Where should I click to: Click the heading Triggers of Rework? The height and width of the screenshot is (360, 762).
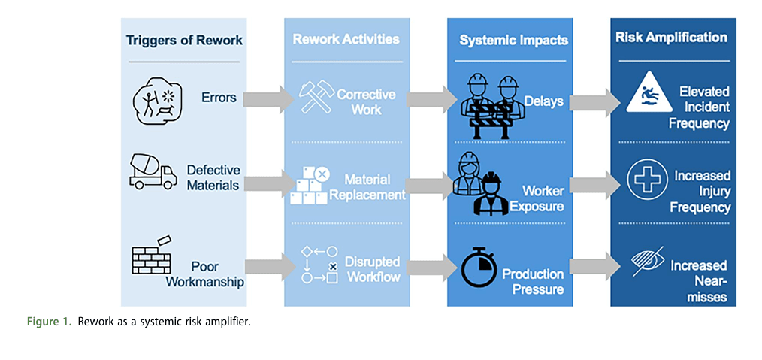(x=184, y=40)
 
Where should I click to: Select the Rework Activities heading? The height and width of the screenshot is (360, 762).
(x=346, y=39)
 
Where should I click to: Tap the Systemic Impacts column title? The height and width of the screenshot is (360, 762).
(x=514, y=40)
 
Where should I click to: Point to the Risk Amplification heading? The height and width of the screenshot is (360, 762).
(x=672, y=38)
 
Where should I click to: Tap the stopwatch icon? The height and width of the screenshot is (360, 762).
(x=479, y=268)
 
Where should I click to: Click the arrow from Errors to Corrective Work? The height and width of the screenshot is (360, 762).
(x=269, y=98)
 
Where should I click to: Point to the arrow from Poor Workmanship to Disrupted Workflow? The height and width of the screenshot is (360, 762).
(x=271, y=267)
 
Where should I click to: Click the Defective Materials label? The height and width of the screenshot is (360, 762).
(x=214, y=178)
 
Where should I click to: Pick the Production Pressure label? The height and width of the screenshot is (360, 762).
(x=533, y=282)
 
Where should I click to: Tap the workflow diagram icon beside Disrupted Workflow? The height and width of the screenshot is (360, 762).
(x=319, y=265)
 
